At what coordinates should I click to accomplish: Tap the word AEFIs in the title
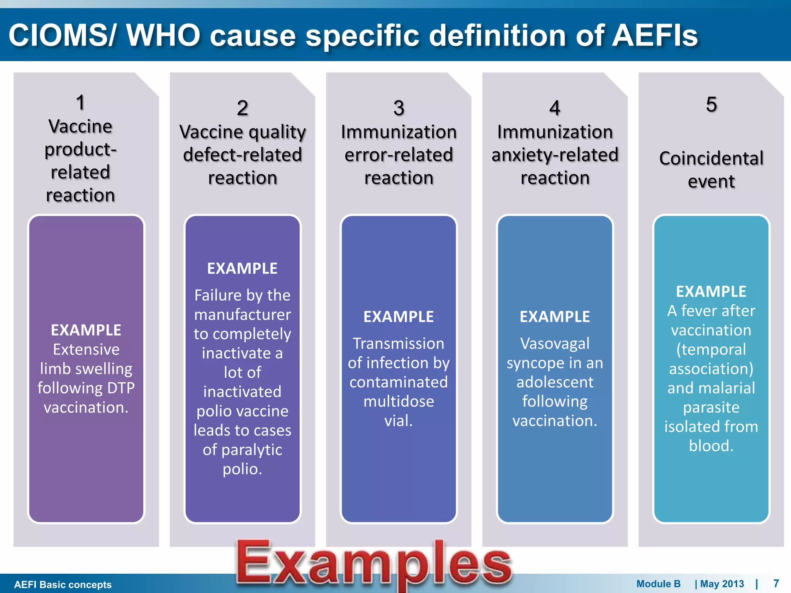[655, 36]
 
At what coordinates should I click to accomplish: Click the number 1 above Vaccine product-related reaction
[80, 103]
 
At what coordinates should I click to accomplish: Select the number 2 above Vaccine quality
[243, 108]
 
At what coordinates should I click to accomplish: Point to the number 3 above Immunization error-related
[399, 108]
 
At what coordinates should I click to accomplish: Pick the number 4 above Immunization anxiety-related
[555, 108]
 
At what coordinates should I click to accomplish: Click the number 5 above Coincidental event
[711, 104]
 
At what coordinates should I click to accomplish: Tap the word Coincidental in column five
[711, 158]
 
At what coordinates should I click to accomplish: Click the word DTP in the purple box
[121, 388]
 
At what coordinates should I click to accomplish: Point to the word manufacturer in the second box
[243, 315]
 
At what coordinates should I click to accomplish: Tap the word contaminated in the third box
[399, 382]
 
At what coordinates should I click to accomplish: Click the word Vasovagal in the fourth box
[555, 344]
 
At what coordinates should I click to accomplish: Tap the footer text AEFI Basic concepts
[63, 585]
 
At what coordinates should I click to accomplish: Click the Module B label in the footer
[658, 584]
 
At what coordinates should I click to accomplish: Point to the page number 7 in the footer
[776, 583]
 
